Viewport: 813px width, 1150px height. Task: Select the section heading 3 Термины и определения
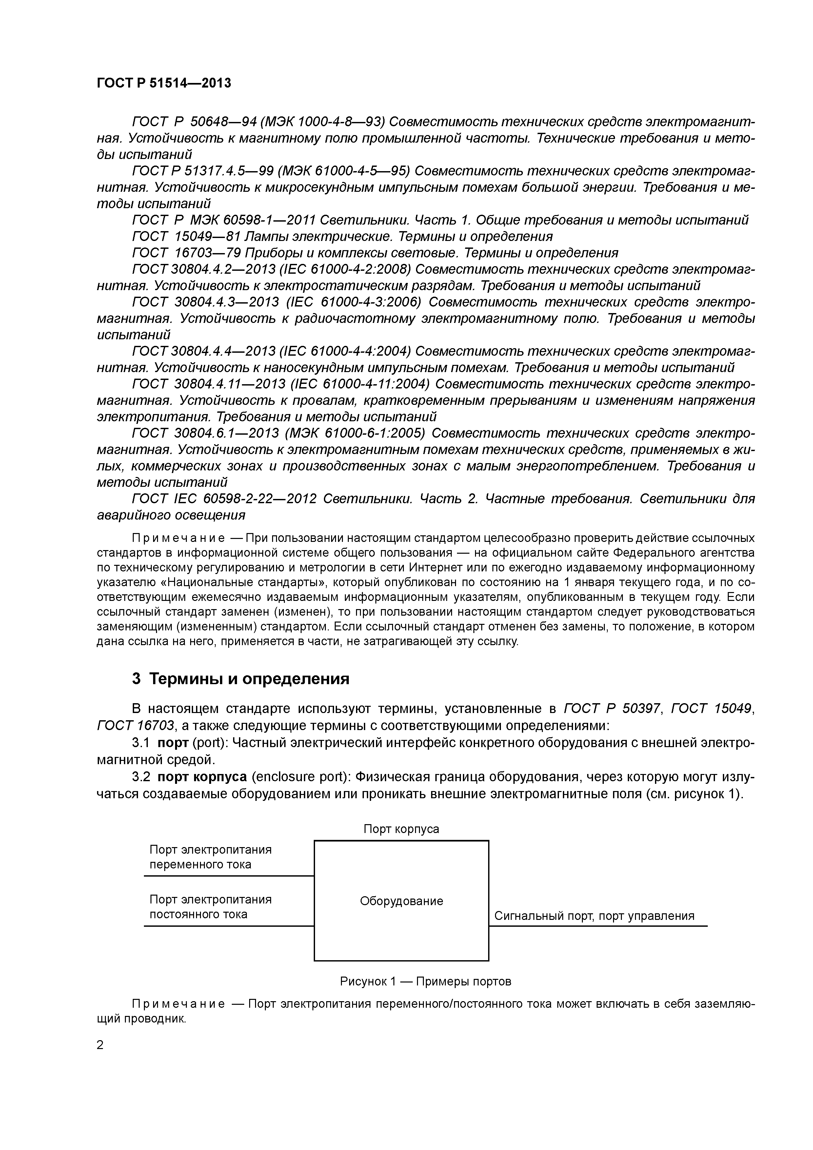click(x=240, y=679)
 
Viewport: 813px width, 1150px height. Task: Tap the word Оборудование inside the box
click(x=401, y=901)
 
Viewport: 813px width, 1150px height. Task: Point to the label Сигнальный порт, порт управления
click(x=594, y=916)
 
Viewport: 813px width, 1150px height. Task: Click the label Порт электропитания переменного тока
click(x=210, y=857)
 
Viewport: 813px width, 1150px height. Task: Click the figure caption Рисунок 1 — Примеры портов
click(x=425, y=981)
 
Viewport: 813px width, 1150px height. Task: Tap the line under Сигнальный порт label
click(x=598, y=926)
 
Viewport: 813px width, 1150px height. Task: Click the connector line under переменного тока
click(x=228, y=876)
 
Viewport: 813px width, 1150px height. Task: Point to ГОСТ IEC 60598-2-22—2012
click(x=224, y=499)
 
